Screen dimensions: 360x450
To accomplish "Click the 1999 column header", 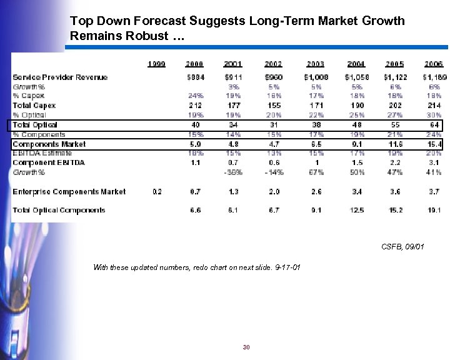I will point(156,64).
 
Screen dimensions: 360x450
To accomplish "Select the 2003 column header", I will point(316,64).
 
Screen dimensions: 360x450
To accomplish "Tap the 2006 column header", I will point(433,64).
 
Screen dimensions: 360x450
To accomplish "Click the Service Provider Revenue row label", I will point(60,77).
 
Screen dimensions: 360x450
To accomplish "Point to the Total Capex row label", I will point(34,106).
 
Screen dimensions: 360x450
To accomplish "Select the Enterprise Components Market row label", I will point(69,192).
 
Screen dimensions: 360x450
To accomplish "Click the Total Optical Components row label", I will point(59,211).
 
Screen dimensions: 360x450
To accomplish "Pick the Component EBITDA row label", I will point(49,162).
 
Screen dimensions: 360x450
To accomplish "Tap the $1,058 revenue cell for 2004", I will point(356,77).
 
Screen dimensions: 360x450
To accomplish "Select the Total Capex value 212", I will point(194,106).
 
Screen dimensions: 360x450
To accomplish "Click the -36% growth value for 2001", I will point(234,172).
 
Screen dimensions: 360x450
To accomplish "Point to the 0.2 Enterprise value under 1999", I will point(157,192).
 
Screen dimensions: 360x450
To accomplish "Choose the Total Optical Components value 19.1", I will point(434,211).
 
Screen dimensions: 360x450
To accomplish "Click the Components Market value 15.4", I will point(434,144).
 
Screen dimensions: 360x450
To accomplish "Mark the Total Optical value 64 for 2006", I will point(435,125).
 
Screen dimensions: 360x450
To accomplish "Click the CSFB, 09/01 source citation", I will point(402,247).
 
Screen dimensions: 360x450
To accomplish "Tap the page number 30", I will point(246,347).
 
